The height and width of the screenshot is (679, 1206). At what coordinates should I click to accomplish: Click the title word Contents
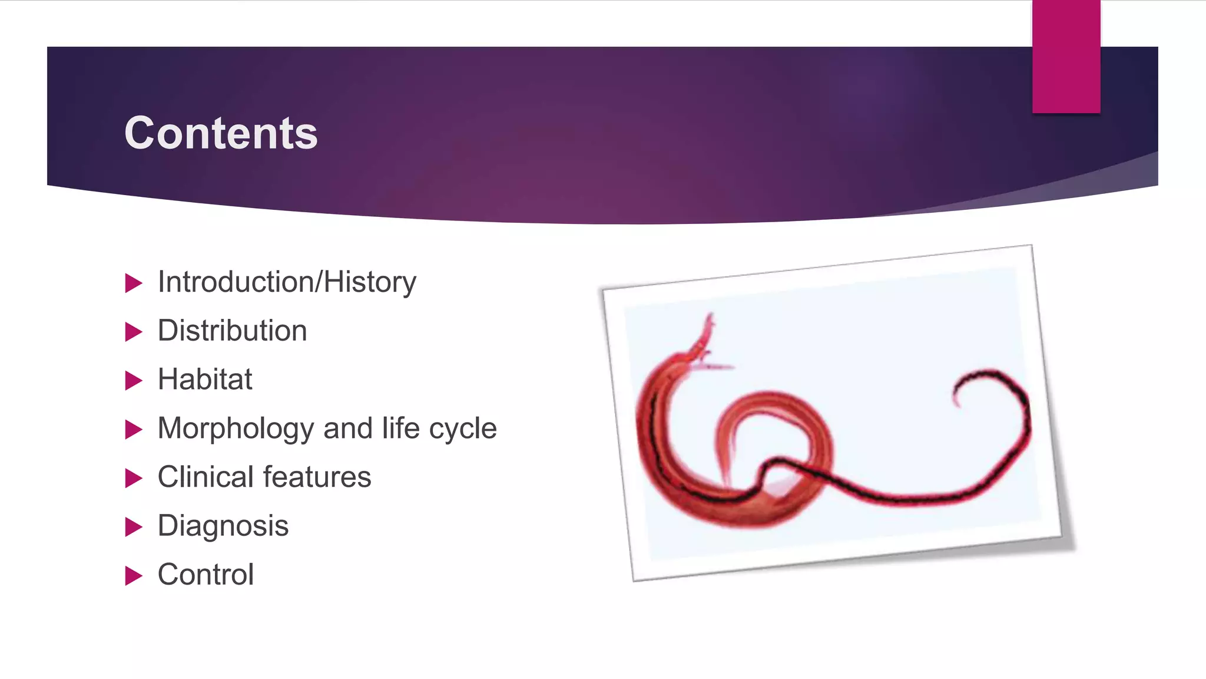pyautogui.click(x=221, y=133)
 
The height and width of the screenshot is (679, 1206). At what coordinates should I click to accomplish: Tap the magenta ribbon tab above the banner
pyautogui.click(x=1066, y=56)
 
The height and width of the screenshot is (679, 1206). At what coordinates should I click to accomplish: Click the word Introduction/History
pyautogui.click(x=287, y=282)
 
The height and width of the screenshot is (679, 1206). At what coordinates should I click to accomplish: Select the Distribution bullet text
pyautogui.click(x=232, y=331)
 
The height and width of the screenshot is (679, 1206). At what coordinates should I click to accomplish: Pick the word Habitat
pyautogui.click(x=205, y=379)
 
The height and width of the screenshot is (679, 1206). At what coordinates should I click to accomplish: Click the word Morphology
pyautogui.click(x=236, y=429)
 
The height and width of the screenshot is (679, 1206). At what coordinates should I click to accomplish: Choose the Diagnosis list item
pyautogui.click(x=223, y=526)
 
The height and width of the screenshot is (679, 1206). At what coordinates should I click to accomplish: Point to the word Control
pyautogui.click(x=206, y=575)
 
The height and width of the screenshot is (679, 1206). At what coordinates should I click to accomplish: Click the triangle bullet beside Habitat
pyautogui.click(x=134, y=380)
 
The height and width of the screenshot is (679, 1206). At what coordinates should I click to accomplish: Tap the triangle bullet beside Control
pyautogui.click(x=134, y=575)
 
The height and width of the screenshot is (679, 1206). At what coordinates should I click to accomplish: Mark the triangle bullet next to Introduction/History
pyautogui.click(x=134, y=283)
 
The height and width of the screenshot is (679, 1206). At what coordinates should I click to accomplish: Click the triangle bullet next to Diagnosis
pyautogui.click(x=134, y=526)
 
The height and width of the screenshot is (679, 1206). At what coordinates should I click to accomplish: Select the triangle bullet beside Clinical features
pyautogui.click(x=134, y=478)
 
